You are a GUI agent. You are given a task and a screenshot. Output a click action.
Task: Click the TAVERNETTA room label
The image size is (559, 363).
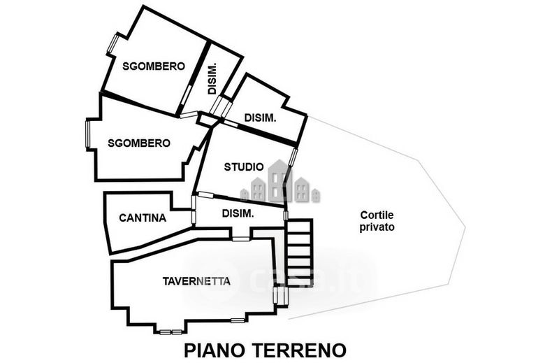196,281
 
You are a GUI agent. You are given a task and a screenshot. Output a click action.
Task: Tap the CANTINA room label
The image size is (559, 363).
143,218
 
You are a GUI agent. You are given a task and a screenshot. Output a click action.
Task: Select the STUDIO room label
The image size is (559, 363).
244,166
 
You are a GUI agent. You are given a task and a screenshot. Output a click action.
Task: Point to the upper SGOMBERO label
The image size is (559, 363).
154,66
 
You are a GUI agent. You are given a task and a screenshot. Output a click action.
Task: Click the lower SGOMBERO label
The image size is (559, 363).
139,143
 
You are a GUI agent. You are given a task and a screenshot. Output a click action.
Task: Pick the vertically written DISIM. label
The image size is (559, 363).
212,79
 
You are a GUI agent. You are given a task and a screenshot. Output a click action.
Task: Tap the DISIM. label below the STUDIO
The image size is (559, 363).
238,213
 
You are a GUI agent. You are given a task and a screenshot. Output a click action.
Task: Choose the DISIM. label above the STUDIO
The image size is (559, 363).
260,118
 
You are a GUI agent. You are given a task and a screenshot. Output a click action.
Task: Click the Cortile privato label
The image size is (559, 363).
377,221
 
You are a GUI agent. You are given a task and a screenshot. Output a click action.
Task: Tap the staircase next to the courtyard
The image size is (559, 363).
300,252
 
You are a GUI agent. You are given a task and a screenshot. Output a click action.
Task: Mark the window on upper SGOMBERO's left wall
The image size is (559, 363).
112,43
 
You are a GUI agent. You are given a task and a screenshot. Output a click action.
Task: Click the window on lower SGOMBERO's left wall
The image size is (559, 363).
88,134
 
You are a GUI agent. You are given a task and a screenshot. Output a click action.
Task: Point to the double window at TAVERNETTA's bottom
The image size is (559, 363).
170,332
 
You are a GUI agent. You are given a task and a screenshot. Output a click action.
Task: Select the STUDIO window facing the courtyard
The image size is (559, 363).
293,157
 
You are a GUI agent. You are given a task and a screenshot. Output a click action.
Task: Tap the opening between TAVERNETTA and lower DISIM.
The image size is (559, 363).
241,239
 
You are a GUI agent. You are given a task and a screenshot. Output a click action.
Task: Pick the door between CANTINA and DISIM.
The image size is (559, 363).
194,210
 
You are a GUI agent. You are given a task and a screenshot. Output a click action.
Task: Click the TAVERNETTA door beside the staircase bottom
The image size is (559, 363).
275,296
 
